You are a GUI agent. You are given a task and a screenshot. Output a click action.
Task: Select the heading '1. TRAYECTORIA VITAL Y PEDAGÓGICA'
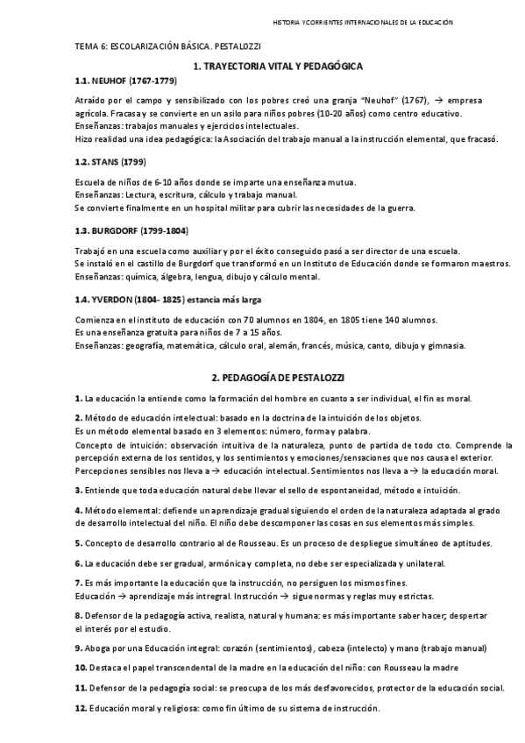[279, 66]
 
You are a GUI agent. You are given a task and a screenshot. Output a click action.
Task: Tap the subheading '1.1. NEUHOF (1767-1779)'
[125, 81]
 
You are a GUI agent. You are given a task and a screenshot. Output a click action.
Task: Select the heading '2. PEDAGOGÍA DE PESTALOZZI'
[279, 377]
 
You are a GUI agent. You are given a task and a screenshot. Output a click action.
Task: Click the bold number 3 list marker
[78, 489]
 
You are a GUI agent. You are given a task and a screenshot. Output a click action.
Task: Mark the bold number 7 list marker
[78, 582]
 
